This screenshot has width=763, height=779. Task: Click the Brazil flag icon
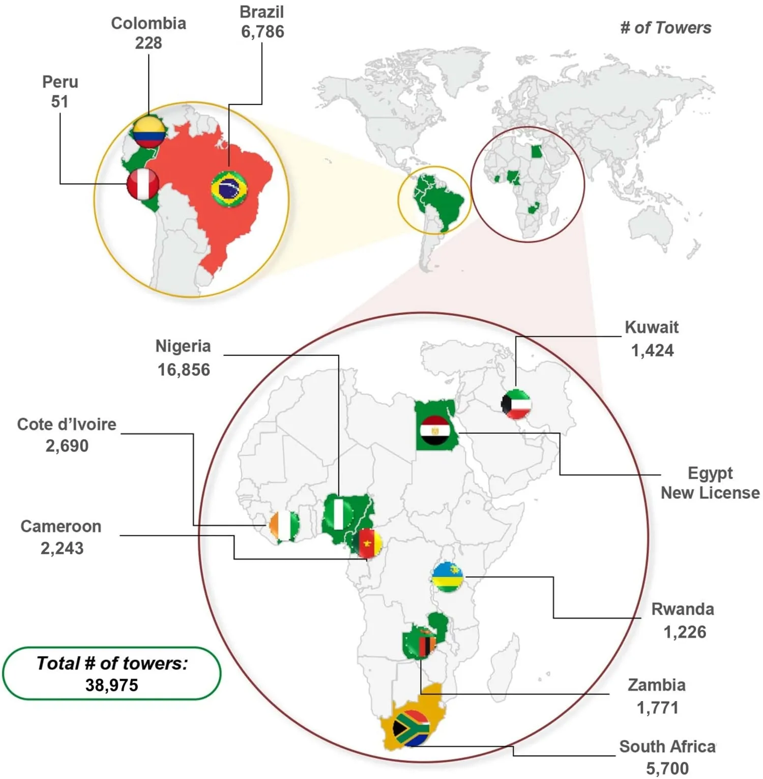point(229,189)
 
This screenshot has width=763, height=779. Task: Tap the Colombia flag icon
point(149,131)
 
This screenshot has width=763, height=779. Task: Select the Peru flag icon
point(143,184)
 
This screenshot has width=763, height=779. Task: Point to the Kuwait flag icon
point(516,404)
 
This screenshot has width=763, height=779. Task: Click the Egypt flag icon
point(435,430)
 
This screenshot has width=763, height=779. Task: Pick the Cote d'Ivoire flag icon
point(284,526)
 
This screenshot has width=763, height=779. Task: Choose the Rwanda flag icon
point(448,577)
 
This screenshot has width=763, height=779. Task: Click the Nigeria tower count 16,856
point(184,370)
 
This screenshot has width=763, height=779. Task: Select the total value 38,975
point(112,685)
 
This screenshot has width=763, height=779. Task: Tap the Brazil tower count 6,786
point(262,32)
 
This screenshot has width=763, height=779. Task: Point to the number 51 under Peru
point(60,102)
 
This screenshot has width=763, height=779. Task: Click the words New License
point(710,493)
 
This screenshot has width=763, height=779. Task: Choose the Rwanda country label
point(683,609)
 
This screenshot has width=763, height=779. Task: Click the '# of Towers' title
point(665,28)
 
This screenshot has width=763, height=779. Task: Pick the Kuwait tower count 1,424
point(652,351)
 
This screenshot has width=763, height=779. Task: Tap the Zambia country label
point(657,685)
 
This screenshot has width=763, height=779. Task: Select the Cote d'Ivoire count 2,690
point(67,446)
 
